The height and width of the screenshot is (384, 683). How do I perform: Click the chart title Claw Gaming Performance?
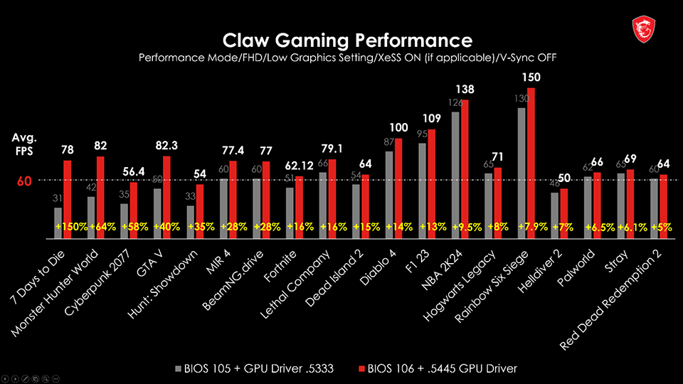click(x=347, y=39)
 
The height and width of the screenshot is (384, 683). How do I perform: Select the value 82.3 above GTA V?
click(x=167, y=145)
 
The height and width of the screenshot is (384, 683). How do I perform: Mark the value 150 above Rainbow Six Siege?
click(x=531, y=77)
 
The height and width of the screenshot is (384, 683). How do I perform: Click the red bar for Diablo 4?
click(x=398, y=185)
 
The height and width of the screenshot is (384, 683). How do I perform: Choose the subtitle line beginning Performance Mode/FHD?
click(x=347, y=58)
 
